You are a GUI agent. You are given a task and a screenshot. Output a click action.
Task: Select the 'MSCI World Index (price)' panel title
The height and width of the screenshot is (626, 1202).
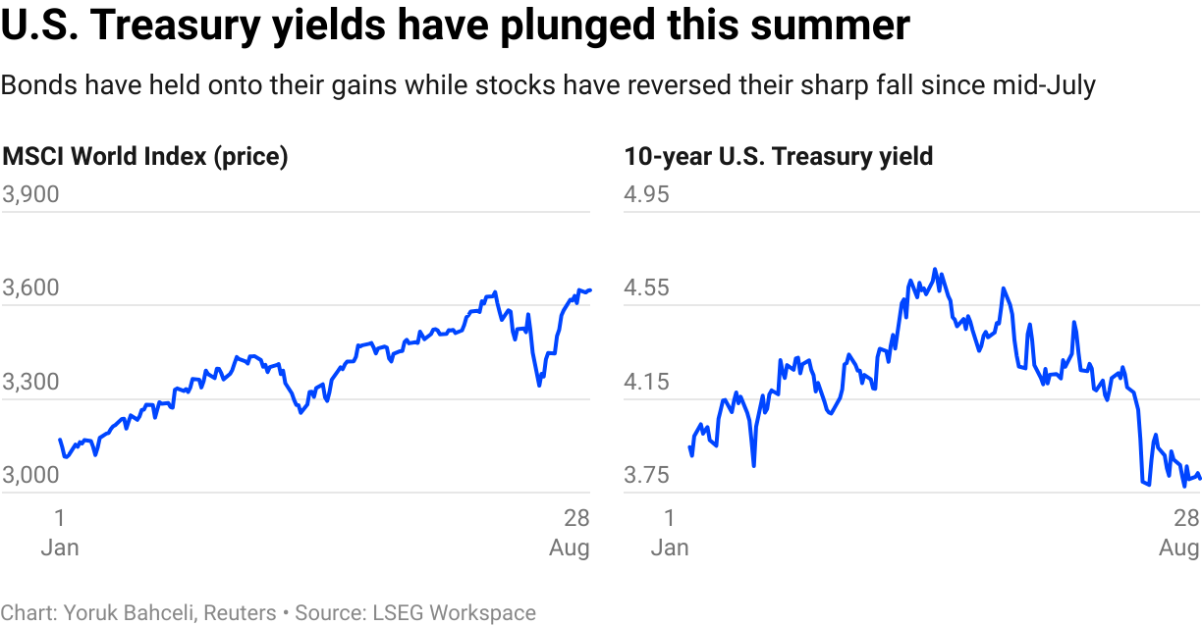pos(145,156)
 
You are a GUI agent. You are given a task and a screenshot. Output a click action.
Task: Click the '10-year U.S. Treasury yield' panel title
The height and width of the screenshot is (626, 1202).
pos(779,156)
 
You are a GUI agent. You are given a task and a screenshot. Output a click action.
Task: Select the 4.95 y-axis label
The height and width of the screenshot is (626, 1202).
pos(647,194)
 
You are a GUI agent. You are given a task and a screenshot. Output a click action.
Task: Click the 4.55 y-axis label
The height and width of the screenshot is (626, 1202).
pos(647,288)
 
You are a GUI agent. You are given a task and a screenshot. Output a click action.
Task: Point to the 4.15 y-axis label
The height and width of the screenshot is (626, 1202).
pos(647,382)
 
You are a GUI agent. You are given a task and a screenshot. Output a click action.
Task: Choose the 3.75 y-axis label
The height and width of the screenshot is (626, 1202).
pos(647,476)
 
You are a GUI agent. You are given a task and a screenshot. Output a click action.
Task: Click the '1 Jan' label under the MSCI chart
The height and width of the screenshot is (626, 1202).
pos(60,532)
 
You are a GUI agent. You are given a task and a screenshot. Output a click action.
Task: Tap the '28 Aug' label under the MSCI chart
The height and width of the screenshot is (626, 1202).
pos(570,532)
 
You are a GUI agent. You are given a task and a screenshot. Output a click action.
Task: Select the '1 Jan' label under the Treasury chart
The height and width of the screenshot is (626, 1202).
pos(670,532)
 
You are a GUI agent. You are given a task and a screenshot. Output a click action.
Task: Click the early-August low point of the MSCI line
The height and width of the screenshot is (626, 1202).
pos(538,385)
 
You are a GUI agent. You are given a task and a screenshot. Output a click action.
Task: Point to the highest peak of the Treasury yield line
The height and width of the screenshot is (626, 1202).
pos(935,269)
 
